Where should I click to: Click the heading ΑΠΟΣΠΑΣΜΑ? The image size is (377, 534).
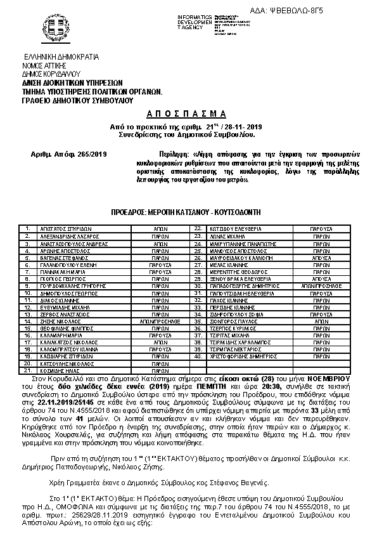pos(190,114)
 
